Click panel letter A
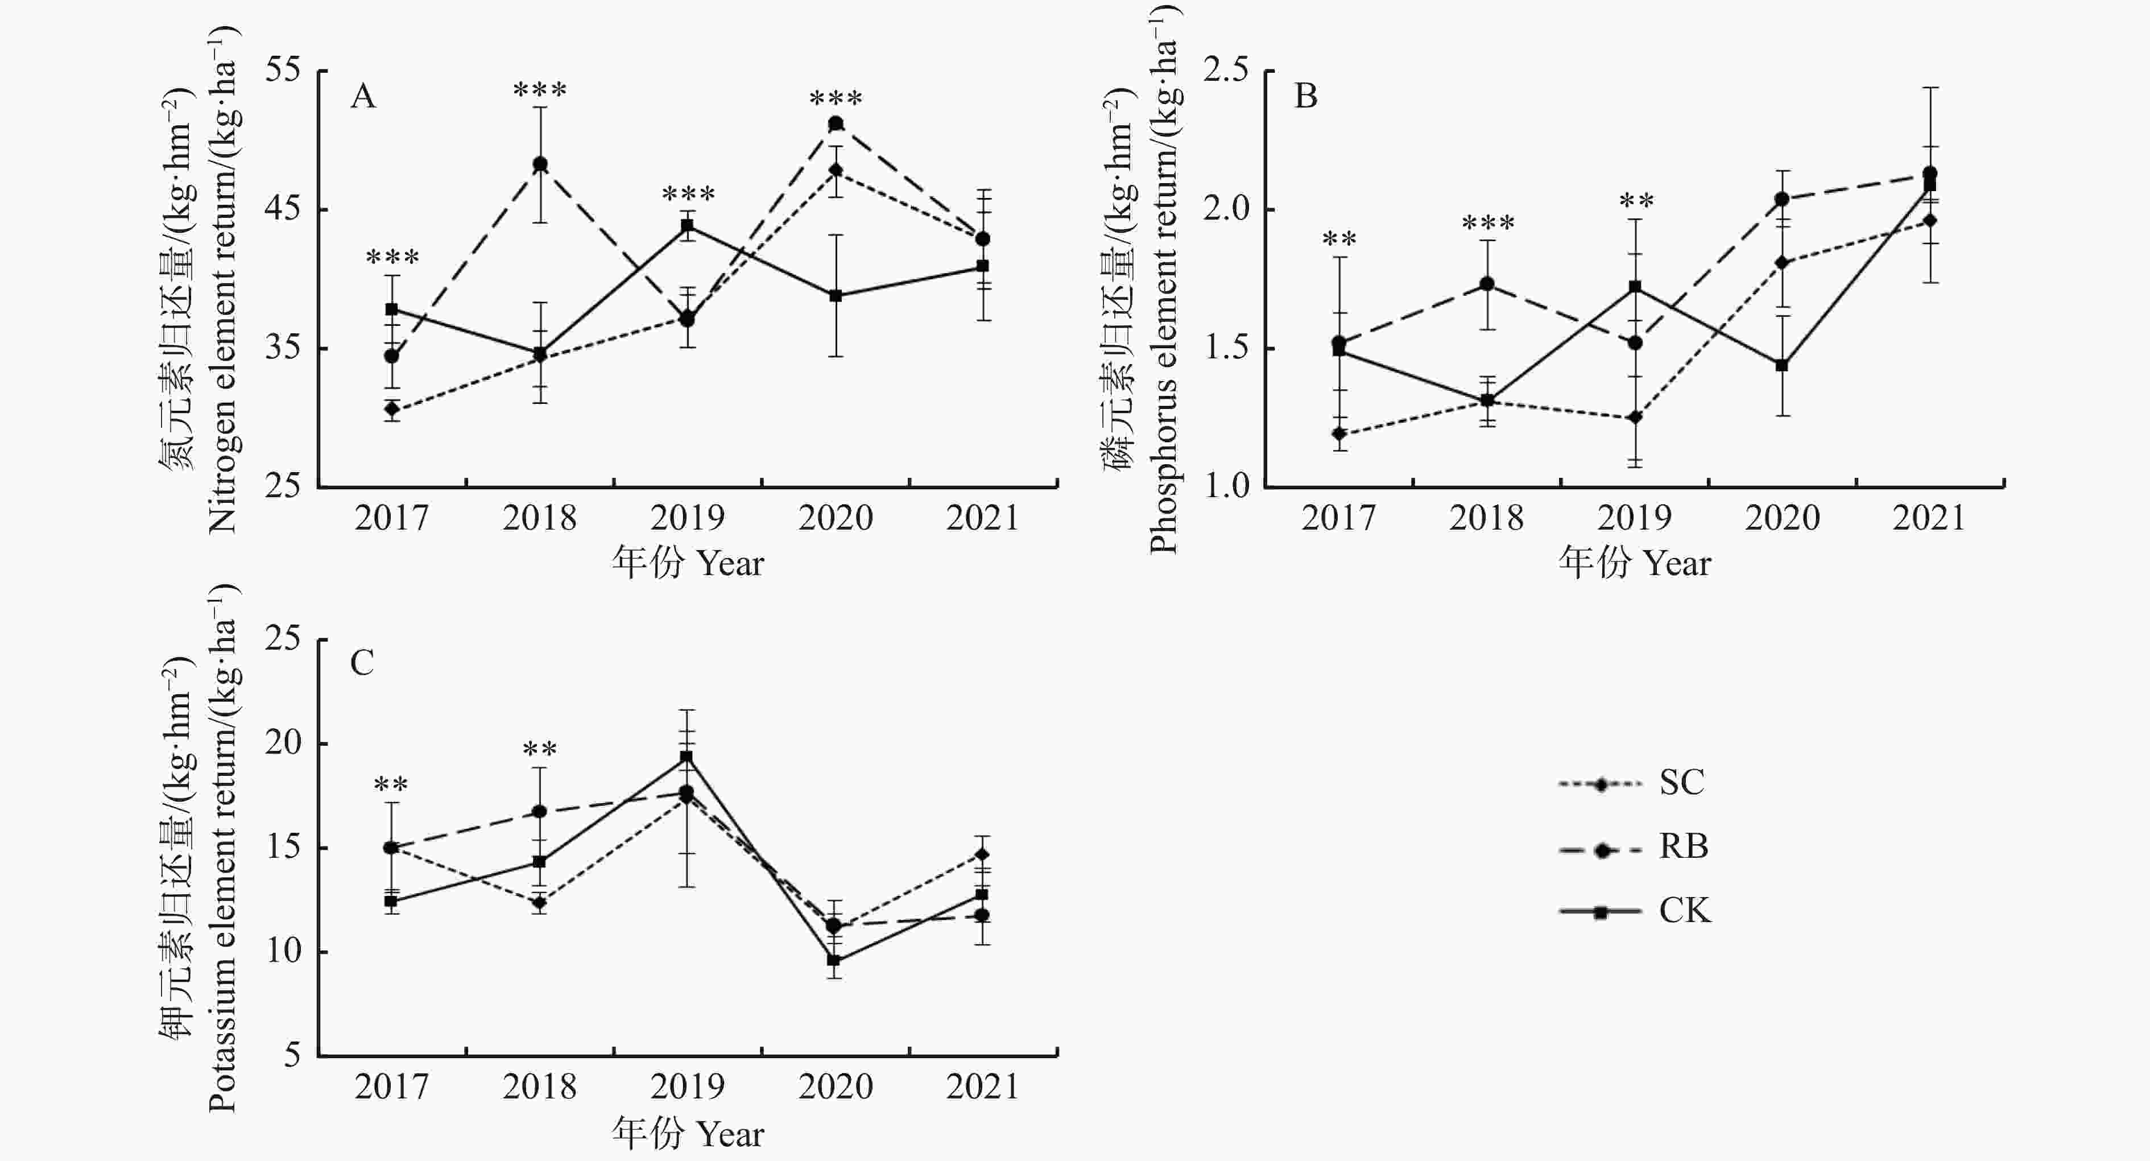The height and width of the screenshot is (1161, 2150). point(363,97)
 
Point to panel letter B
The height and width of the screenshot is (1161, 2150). point(1305,97)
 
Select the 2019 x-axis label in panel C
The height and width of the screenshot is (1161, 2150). point(687,1086)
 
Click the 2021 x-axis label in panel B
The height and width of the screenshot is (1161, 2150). point(1929,518)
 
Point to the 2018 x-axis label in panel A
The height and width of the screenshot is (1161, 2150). point(539,518)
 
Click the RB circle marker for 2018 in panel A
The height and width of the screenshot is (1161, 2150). point(540,164)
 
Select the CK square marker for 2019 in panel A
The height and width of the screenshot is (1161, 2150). point(688,225)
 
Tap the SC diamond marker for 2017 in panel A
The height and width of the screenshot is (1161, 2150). point(391,409)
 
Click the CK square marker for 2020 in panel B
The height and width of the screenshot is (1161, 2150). point(1781,365)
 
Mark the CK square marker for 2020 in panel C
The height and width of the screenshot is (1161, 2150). point(834,960)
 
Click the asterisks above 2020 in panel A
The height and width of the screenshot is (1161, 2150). point(836,98)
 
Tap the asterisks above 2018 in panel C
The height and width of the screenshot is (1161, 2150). point(539,750)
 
